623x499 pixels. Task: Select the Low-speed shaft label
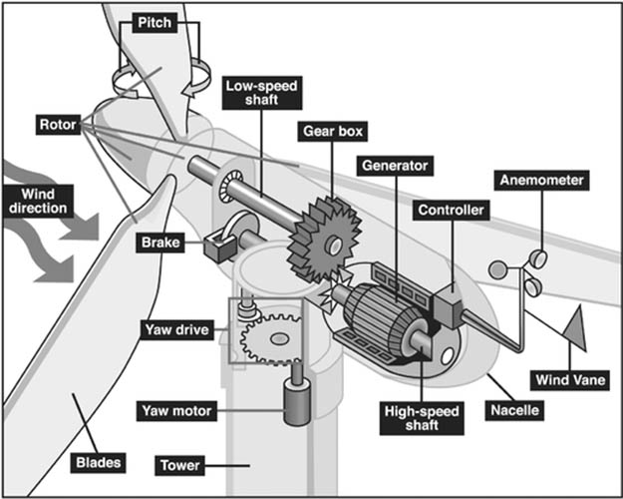pos(260,95)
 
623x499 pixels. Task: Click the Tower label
pos(180,465)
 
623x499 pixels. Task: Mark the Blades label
pos(99,462)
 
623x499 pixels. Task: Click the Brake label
pos(158,242)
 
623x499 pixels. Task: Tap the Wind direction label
pos(37,200)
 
